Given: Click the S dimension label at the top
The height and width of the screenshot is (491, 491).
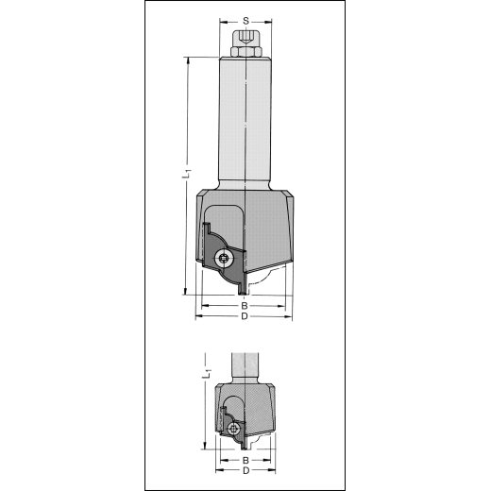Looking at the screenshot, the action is coord(245,21).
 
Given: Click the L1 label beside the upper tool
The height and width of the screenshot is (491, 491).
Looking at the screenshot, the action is coord(187,174).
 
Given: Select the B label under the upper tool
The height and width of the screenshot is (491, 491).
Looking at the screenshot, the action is coord(245,306).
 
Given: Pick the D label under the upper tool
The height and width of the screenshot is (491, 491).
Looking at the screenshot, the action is coord(245,316).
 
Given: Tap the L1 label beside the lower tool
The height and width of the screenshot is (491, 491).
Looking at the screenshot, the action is coord(208,373).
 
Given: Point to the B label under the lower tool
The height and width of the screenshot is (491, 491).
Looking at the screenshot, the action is coord(245,461).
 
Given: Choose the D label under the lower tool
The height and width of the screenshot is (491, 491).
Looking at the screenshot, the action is coord(246,471).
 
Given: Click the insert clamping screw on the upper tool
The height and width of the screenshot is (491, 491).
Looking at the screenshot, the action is coord(223,260).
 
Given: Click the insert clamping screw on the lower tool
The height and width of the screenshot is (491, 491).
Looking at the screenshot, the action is coord(233,429).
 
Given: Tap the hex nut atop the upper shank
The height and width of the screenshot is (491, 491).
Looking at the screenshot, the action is coord(245,52).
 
